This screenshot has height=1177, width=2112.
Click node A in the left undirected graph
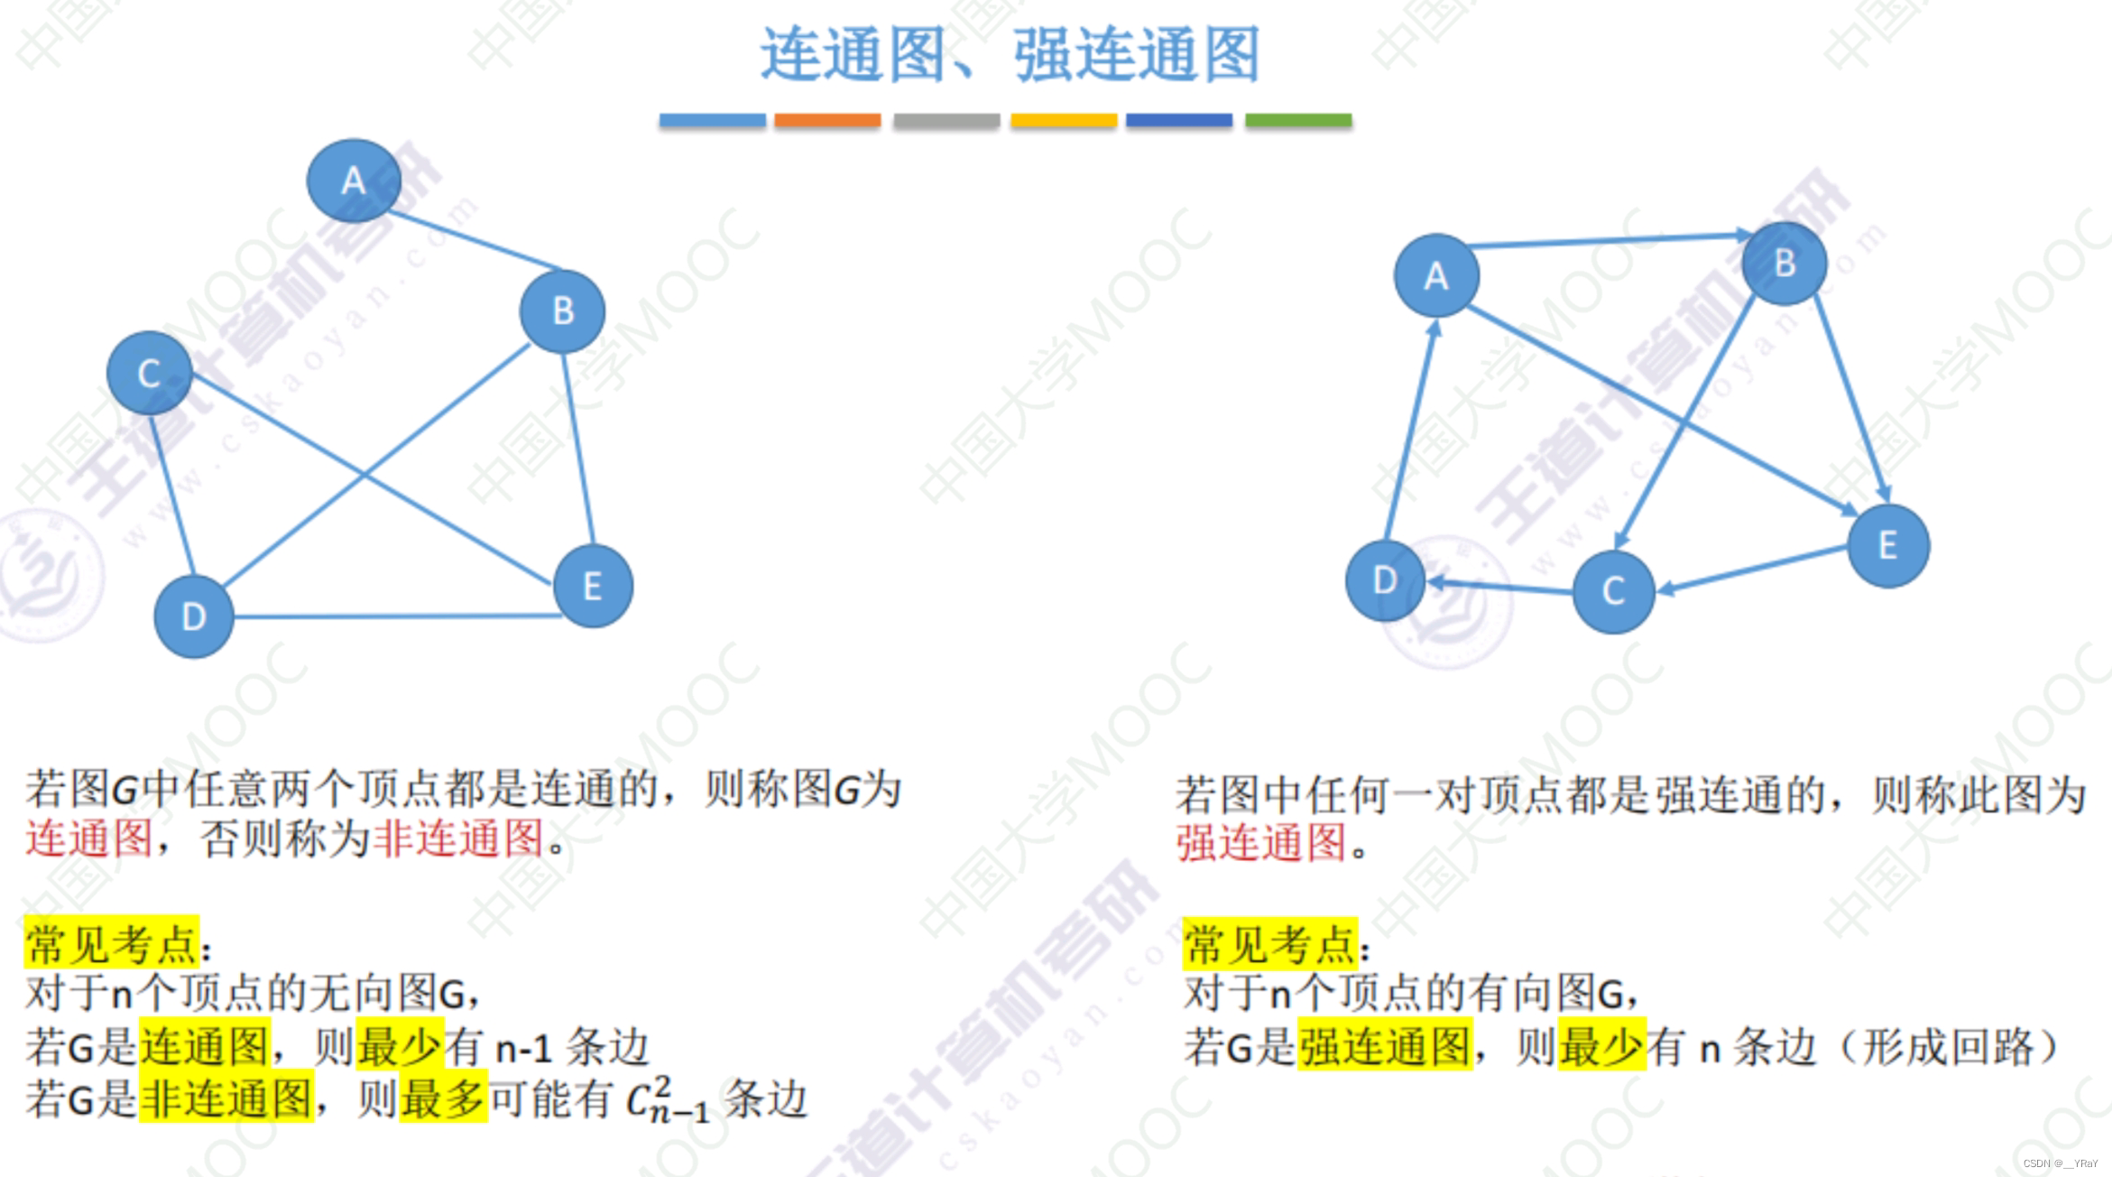tap(354, 181)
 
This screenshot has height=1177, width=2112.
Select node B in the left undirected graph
tap(563, 311)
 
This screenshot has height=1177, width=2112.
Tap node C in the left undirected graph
tap(149, 373)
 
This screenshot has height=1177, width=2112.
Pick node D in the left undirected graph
tap(194, 616)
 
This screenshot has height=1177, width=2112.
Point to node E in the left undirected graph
tap(593, 587)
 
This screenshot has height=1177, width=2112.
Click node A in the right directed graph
tap(1436, 275)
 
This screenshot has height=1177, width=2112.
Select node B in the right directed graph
tap(1785, 264)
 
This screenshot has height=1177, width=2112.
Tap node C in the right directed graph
tap(1613, 591)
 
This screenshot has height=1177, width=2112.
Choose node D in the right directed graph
tap(1385, 580)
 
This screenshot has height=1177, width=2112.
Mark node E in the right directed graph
tap(1888, 545)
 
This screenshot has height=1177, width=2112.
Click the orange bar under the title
tap(827, 120)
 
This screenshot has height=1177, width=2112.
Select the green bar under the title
tap(1298, 120)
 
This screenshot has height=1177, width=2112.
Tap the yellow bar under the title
tap(1064, 120)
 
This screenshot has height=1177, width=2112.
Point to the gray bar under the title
tap(946, 120)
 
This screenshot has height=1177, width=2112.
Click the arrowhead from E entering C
tap(1666, 589)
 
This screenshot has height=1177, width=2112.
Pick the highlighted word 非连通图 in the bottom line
tap(226, 1098)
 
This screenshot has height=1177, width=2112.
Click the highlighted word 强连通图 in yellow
tap(1384, 1047)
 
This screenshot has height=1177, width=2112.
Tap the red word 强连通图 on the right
tap(1262, 843)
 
